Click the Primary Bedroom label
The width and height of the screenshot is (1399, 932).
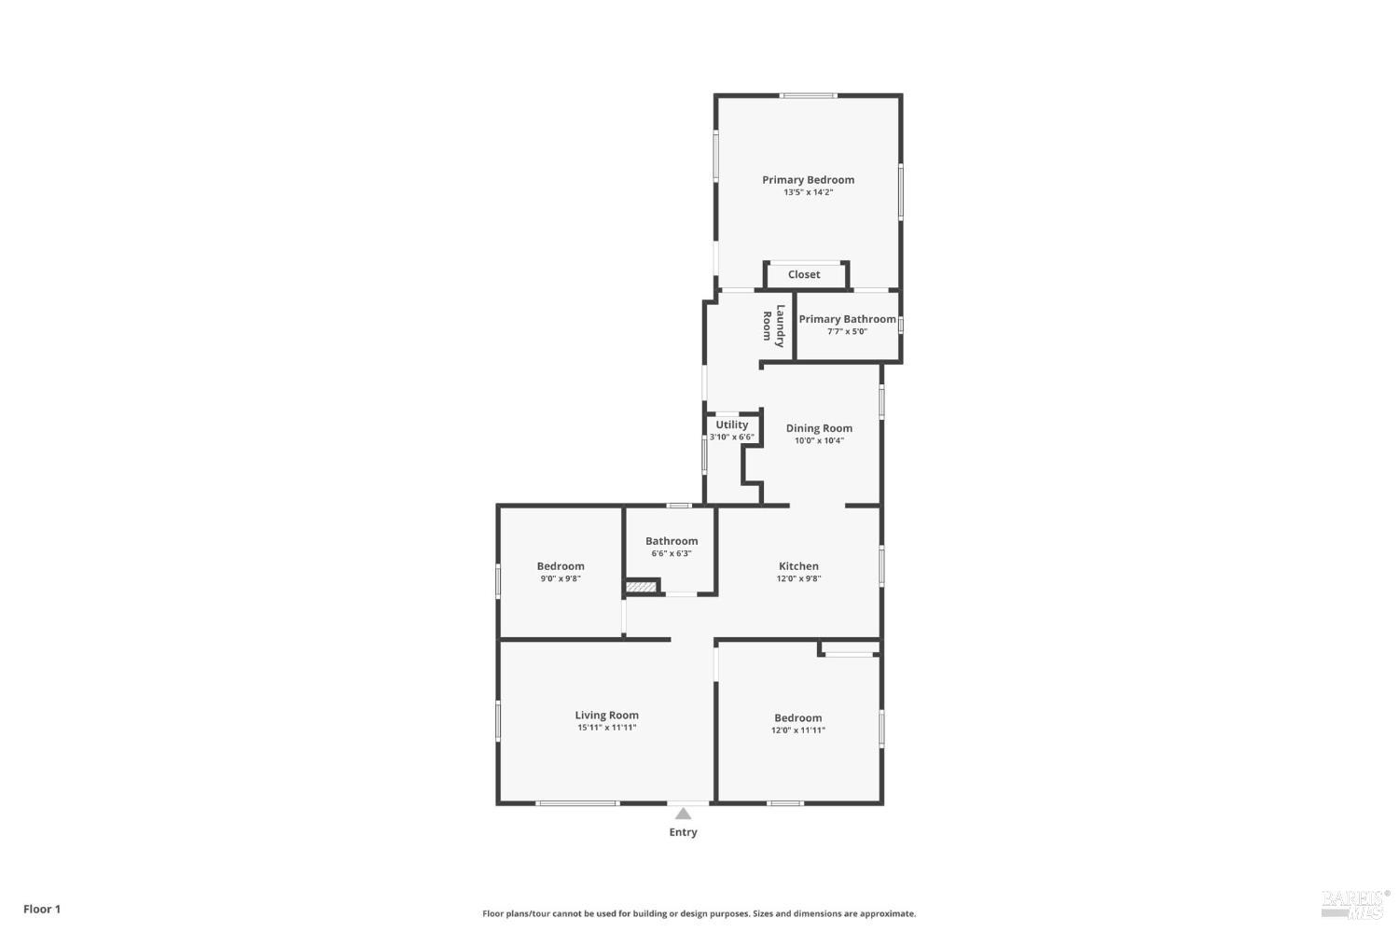(808, 180)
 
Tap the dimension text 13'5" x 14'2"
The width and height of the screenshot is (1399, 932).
(808, 193)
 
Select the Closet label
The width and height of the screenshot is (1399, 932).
(804, 274)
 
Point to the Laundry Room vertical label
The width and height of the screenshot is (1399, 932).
(774, 326)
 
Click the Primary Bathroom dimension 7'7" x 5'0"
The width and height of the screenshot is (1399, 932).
(847, 331)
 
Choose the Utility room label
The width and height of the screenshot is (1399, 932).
(732, 424)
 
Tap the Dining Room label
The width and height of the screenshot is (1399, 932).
(819, 428)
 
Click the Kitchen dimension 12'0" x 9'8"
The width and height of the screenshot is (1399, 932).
(798, 578)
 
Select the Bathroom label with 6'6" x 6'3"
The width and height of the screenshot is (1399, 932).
(672, 541)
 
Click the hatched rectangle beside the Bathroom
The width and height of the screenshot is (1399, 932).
(640, 587)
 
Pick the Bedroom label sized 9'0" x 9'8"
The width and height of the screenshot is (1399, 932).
(561, 566)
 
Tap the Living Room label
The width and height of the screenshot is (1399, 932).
(606, 716)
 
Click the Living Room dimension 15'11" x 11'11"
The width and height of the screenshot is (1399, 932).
(606, 728)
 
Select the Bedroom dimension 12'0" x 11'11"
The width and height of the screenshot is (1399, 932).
(797, 730)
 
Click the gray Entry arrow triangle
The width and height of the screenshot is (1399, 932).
(684, 814)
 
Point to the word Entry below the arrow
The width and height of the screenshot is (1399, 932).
(683, 832)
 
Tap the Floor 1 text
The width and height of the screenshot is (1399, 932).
(42, 909)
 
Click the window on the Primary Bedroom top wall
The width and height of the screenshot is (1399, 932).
(809, 95)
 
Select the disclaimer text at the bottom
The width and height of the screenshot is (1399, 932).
(699, 914)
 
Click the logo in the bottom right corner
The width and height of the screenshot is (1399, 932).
(1351, 903)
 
